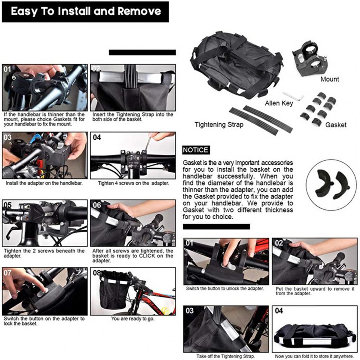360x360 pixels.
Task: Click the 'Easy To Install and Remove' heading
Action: pos(86,11)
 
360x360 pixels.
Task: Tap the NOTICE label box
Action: pos(196,150)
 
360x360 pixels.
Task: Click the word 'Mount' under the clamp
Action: pos(330,79)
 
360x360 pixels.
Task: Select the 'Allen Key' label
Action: pos(279,103)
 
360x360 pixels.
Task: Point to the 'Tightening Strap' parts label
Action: pos(219,125)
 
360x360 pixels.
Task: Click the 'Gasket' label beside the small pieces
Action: pos(336,125)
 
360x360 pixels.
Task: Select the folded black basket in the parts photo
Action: pos(237,64)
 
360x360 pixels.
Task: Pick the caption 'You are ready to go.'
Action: pos(133,319)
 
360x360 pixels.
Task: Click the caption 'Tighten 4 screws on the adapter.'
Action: pos(133,183)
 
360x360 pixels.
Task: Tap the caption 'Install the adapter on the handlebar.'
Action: pos(44,183)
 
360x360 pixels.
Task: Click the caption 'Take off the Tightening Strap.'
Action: pos(225,356)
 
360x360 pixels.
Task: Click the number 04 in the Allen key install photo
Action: pos(97,137)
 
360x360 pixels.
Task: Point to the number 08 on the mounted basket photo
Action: pos(97,273)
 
